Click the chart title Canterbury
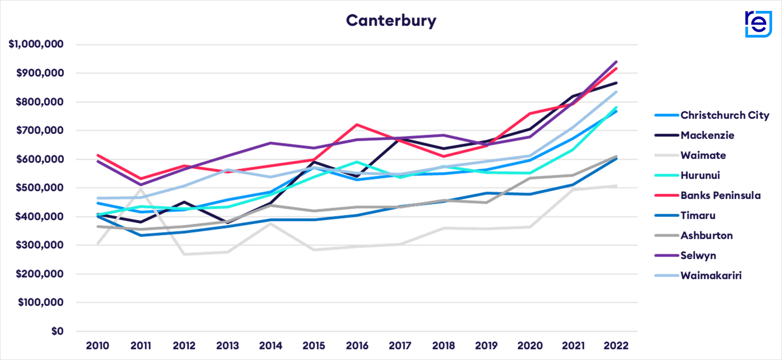pos(391,21)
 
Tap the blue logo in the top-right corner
pos(758,23)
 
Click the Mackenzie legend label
pos(707,135)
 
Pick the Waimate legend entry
pos(703,156)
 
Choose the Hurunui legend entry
pos(700,175)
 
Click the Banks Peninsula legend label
pos(720,195)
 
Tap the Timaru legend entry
pos(698,216)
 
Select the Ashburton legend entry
pos(707,236)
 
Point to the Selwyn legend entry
pos(698,256)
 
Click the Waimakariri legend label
pos(711,276)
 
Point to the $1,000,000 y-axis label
pos(36,45)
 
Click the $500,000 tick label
pos(39,188)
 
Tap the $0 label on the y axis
pos(57,331)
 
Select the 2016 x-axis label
pos(357,346)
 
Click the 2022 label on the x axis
pos(616,346)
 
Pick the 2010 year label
pos(98,346)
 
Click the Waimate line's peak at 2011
pos(141,188)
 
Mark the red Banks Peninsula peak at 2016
pos(357,124)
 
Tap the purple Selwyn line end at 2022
pos(617,61)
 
